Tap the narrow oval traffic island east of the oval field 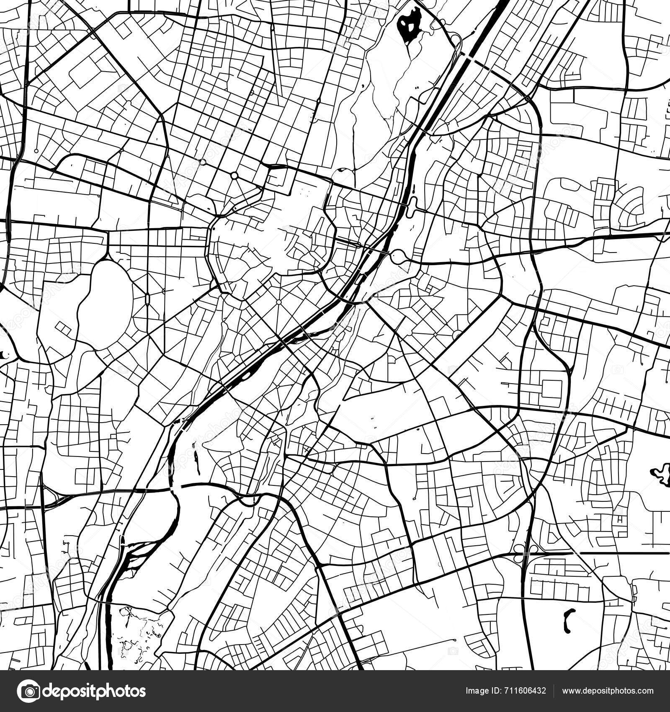click(x=147, y=299)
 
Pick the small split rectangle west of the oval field click(x=63, y=329)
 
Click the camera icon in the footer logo click(x=29, y=691)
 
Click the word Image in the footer click(x=477, y=691)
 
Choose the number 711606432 click(x=526, y=691)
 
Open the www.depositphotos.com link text click(x=608, y=691)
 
